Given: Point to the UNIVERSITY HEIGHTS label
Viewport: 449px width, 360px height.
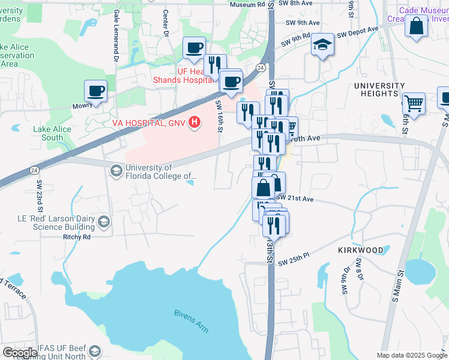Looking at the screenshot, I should [384, 89].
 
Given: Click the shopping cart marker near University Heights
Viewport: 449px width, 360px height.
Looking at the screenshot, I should [414, 103].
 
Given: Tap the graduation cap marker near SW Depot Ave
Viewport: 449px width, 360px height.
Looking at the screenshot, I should [322, 44].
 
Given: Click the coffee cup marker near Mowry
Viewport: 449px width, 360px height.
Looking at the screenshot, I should [95, 91].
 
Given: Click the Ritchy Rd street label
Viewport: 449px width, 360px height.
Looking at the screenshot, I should [76, 236].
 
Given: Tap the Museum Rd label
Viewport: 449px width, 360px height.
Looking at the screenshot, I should [247, 4].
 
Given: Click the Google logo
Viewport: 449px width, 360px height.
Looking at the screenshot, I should [20, 353].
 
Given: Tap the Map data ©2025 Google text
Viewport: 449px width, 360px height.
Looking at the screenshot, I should [411, 355].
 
